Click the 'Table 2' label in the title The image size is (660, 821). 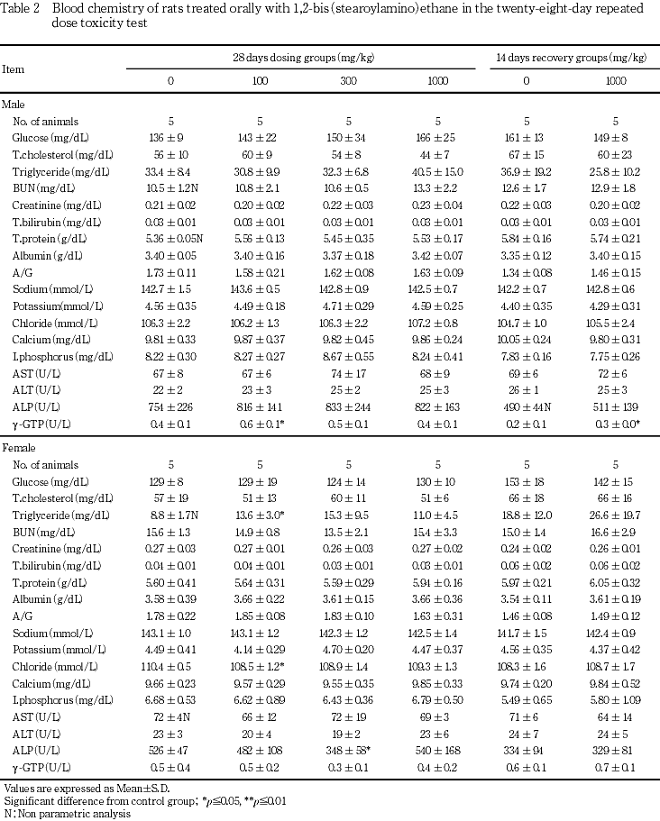(22, 7)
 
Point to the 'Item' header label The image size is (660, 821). (14, 68)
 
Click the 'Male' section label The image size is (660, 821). (14, 105)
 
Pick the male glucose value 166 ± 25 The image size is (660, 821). (437, 137)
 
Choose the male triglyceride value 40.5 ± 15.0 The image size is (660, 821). (437, 171)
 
